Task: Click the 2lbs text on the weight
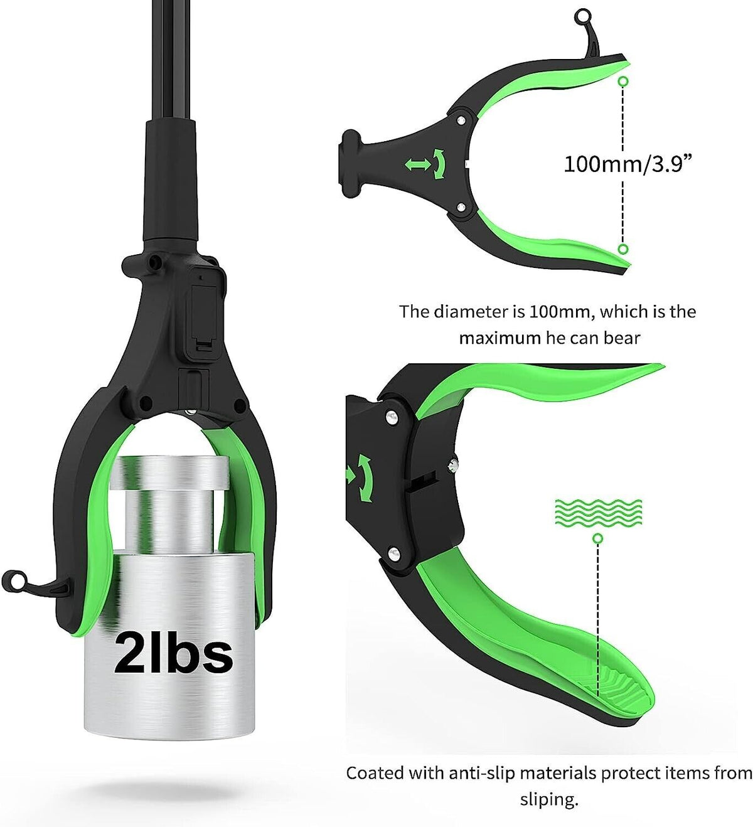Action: (x=173, y=652)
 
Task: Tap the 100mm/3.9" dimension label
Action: (x=627, y=164)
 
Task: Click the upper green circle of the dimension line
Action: (x=624, y=82)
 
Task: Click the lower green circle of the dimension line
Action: (x=624, y=249)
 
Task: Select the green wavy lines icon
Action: (x=599, y=512)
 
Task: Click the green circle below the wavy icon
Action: (x=597, y=538)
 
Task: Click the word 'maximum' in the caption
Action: (x=499, y=338)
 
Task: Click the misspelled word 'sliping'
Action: (x=549, y=800)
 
